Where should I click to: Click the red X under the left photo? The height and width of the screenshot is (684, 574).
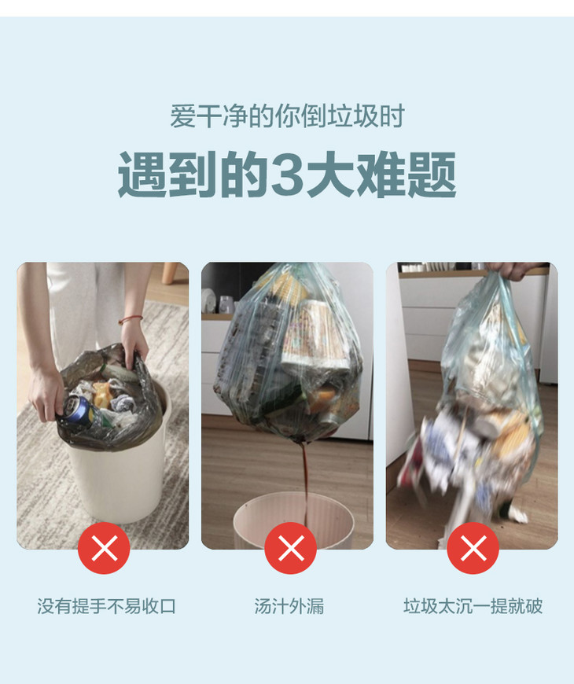(x=104, y=548)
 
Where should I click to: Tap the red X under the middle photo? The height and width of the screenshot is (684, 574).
(x=290, y=548)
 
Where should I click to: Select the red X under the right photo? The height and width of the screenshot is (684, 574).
(x=473, y=548)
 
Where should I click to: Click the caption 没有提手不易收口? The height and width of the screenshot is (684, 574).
(x=106, y=606)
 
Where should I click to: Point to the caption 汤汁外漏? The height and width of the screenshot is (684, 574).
(x=289, y=606)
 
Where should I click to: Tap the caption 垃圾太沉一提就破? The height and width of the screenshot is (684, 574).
(x=473, y=606)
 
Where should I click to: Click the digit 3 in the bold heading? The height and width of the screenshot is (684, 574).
(x=288, y=175)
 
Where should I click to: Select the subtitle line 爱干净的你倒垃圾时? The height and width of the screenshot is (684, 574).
(x=288, y=116)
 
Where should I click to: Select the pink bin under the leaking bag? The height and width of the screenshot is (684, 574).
(x=293, y=519)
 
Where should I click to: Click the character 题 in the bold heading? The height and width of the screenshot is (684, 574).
(x=432, y=175)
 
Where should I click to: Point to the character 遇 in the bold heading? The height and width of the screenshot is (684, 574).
(x=142, y=175)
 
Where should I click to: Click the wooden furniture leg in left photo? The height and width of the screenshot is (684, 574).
(x=170, y=273)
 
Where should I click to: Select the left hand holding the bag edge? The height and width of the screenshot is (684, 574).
(x=46, y=395)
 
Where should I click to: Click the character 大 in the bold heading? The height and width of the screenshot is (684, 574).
(x=329, y=175)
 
